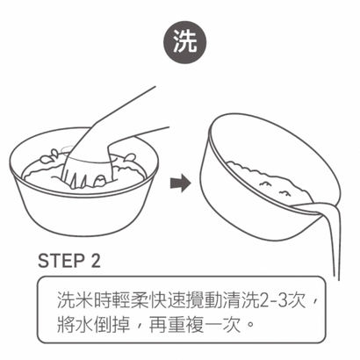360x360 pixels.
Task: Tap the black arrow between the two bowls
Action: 179,183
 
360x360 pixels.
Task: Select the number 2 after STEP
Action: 96,262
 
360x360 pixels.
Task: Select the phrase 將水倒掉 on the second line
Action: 90,324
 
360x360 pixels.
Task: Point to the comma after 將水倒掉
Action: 134,328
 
